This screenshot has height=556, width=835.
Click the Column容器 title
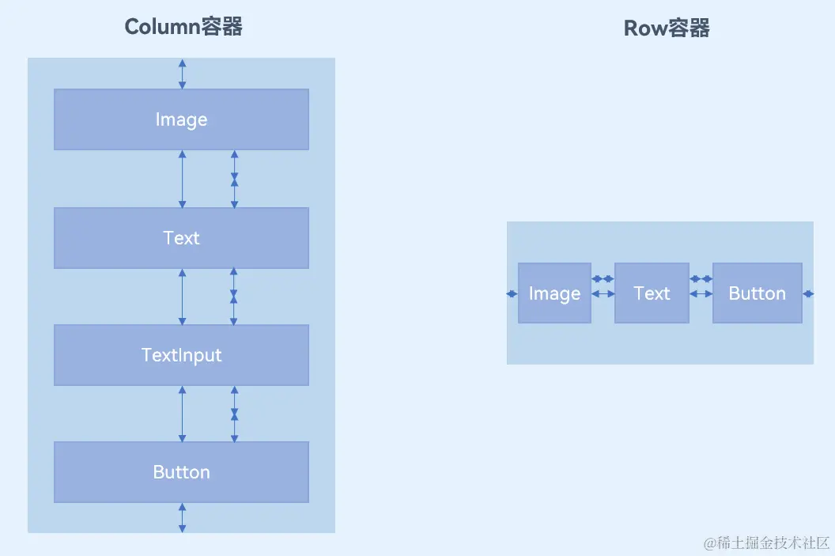(183, 27)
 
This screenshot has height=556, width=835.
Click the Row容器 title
(667, 28)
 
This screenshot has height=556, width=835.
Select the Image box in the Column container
(181, 119)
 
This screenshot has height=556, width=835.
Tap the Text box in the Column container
(181, 238)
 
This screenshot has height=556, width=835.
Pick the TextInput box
(181, 355)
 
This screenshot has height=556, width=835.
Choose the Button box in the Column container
(181, 472)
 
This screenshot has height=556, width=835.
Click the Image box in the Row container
(554, 293)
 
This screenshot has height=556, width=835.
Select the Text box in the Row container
(652, 293)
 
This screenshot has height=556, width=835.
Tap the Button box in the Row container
(757, 293)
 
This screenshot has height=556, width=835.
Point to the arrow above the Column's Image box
(183, 74)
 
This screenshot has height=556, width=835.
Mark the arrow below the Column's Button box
(183, 517)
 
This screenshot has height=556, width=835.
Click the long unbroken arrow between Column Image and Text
(183, 179)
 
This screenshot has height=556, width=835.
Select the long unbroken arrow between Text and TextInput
(183, 297)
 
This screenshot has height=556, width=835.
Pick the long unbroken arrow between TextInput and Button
(183, 414)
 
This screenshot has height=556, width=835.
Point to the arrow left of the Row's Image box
(512, 294)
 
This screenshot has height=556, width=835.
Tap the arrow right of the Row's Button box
(807, 294)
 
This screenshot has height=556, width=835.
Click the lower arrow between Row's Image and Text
(603, 294)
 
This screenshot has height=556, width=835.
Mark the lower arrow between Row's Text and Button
(701, 294)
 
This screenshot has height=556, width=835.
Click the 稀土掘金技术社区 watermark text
(767, 543)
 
